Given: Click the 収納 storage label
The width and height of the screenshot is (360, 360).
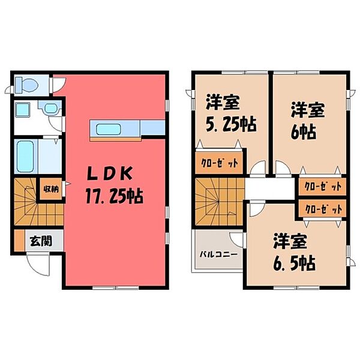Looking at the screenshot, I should click(x=50, y=190).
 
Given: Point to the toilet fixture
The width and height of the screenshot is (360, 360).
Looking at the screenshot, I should click(x=25, y=84).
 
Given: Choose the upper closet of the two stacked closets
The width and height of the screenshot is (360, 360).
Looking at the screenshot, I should click(x=321, y=187).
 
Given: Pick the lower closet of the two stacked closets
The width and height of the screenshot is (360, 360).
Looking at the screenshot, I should click(x=321, y=209).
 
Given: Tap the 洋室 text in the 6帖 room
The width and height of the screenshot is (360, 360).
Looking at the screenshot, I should click(x=308, y=110).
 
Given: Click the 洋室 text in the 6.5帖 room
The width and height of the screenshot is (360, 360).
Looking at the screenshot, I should click(x=290, y=242).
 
